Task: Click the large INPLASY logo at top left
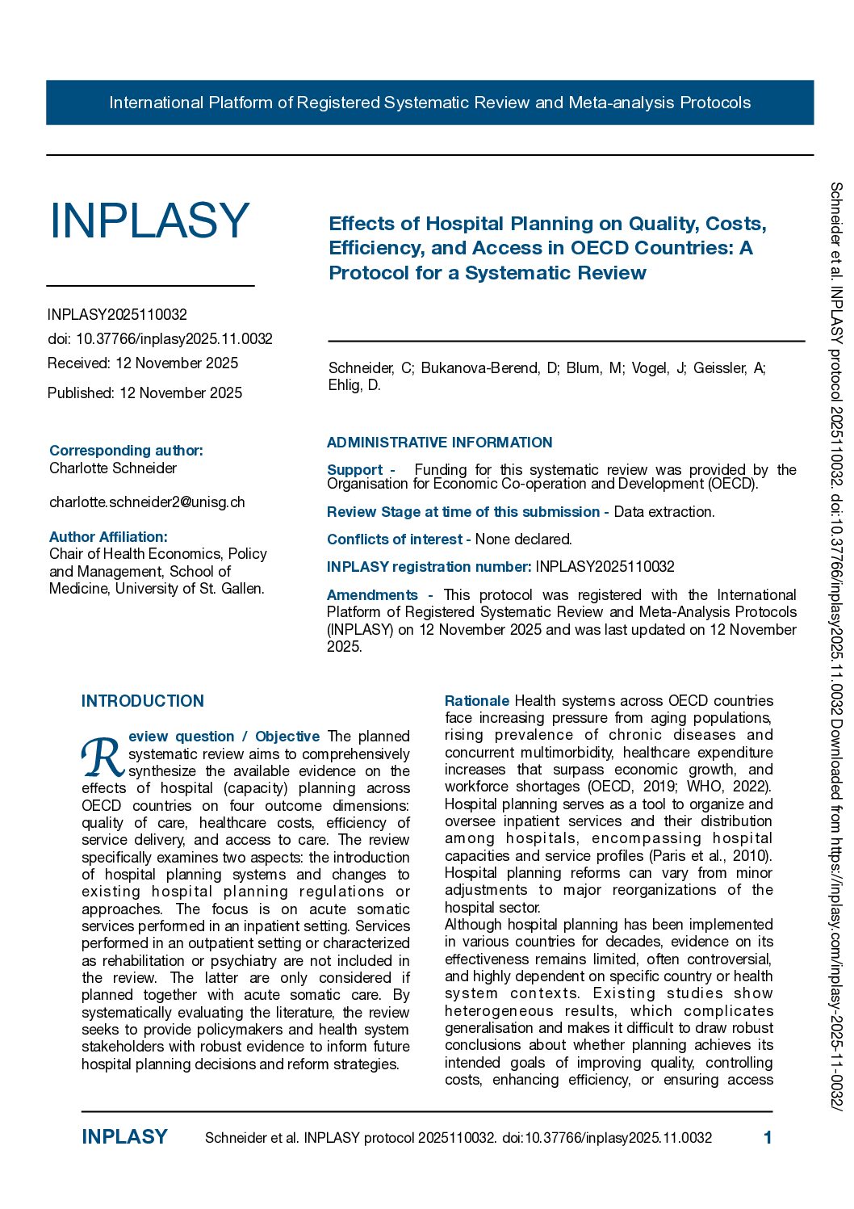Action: (149, 220)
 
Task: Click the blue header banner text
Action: (429, 103)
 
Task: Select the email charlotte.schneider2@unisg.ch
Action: (147, 502)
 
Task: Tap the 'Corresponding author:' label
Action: (126, 451)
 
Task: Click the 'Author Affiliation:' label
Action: (108, 537)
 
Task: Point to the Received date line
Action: (143, 363)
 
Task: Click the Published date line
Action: (144, 393)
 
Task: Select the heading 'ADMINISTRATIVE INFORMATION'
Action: (439, 443)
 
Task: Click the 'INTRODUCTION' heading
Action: (143, 701)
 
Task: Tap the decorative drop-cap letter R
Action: (103, 756)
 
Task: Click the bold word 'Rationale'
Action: (476, 701)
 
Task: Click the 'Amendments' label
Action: (372, 595)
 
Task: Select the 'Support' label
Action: (354, 470)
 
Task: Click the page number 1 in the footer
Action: (768, 1138)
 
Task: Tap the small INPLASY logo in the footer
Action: (124, 1137)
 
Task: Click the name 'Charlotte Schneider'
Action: (113, 468)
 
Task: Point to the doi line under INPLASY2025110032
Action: (160, 339)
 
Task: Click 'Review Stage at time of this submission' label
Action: (463, 512)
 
